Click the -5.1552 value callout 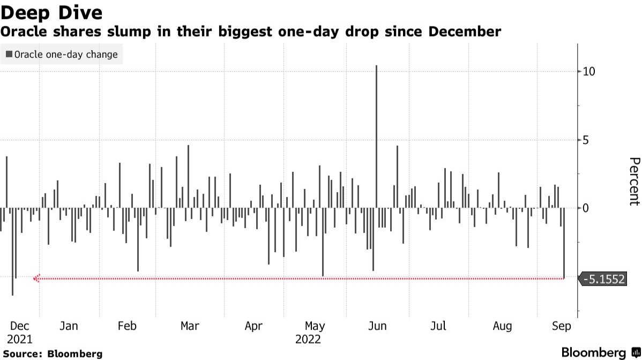point(603,279)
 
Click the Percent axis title point(634,181)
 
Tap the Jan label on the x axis point(69,326)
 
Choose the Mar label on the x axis point(190,326)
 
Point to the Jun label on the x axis point(378,326)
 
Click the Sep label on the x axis point(562,326)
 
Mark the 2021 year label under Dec point(20,339)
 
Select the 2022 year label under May point(308,339)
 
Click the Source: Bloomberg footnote point(52,354)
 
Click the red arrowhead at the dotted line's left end point(36,279)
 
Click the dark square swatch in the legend point(9,54)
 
